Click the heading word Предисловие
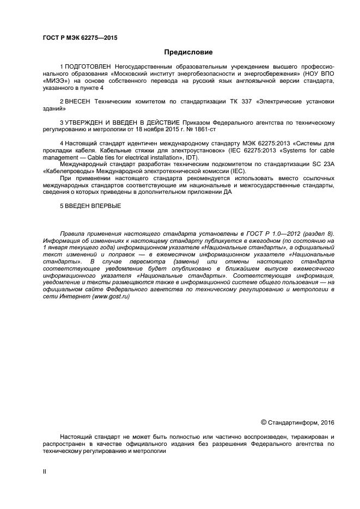[188, 52]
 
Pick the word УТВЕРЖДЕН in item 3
[89, 123]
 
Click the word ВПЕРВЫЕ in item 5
[105, 207]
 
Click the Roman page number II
[45, 472]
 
